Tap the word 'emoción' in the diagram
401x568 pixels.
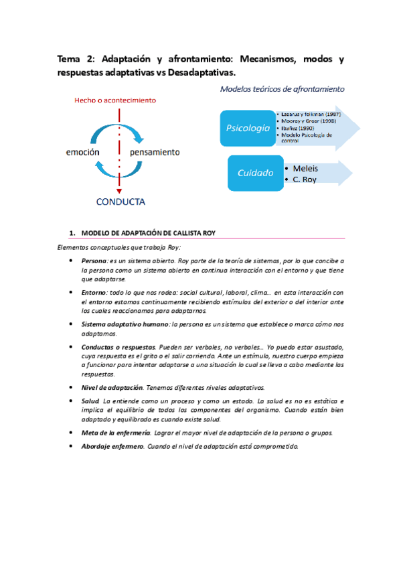pyautogui.click(x=82, y=152)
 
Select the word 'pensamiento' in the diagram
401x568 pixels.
pyautogui.click(x=155, y=152)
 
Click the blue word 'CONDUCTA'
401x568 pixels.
pyautogui.click(x=121, y=202)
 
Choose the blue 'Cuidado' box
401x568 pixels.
pyautogui.click(x=256, y=173)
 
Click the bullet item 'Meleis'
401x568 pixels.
pyautogui.click(x=305, y=168)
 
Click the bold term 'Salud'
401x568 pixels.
pyautogui.click(x=90, y=400)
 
